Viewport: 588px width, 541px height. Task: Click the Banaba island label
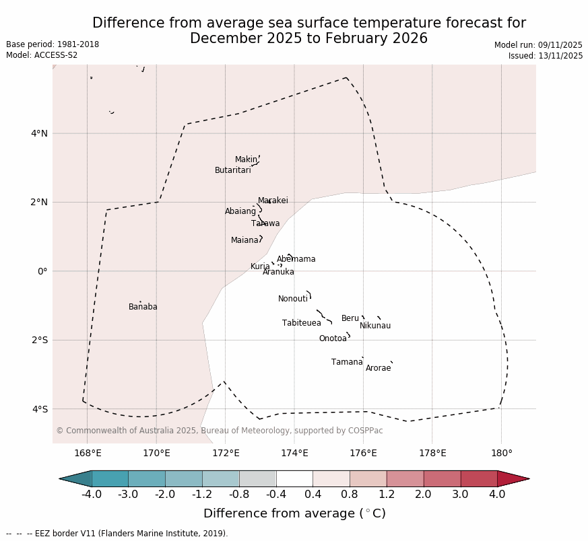coord(143,307)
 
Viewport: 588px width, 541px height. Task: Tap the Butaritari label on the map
coord(232,170)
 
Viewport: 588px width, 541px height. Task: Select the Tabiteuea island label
coord(301,323)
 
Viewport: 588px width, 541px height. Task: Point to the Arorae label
coord(378,368)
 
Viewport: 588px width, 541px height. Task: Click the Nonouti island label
coord(292,299)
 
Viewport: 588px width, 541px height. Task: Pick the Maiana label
coord(244,240)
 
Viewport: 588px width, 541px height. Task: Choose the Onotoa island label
coord(333,338)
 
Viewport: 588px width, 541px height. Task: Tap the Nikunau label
coord(374,326)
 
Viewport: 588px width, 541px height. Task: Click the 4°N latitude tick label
coord(39,133)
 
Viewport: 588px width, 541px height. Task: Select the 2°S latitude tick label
coord(39,340)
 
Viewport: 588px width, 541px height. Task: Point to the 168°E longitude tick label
coord(88,453)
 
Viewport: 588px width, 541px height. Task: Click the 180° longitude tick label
coord(501,453)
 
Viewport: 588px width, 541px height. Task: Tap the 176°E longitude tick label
coord(363,453)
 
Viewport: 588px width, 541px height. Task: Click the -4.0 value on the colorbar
coord(92,495)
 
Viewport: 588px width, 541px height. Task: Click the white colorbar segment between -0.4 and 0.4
coord(294,478)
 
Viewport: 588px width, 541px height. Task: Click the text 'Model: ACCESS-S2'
coord(42,55)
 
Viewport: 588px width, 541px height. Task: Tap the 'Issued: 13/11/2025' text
coord(546,56)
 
